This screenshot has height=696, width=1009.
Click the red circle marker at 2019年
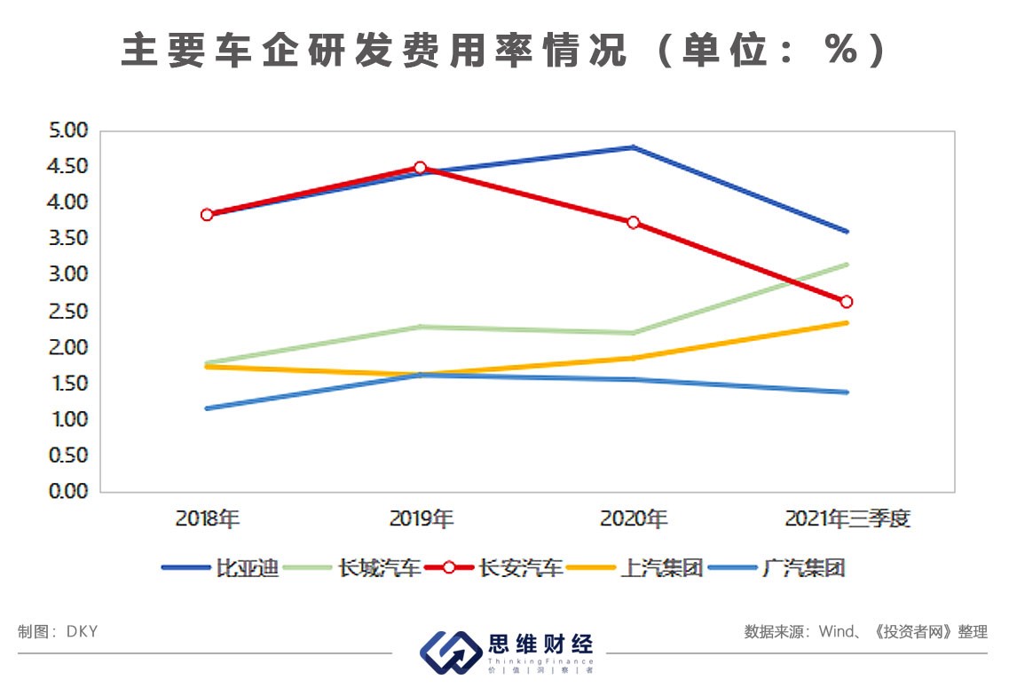click(x=420, y=168)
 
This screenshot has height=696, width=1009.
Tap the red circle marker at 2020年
click(x=633, y=222)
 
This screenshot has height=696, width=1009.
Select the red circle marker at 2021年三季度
click(x=846, y=302)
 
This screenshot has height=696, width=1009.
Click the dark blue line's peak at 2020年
click(x=633, y=147)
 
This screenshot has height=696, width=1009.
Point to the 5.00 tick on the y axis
click(x=70, y=130)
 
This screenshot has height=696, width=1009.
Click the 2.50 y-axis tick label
click(x=70, y=312)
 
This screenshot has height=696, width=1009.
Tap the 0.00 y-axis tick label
click(x=70, y=492)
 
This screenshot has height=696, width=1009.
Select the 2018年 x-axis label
click(x=207, y=519)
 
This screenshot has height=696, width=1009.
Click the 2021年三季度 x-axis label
click(x=847, y=519)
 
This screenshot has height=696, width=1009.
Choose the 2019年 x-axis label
click(x=421, y=519)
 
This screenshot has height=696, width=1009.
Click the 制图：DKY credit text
click(x=58, y=632)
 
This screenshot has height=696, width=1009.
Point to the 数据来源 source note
click(x=865, y=632)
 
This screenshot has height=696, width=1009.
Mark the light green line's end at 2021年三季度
click(x=847, y=265)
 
